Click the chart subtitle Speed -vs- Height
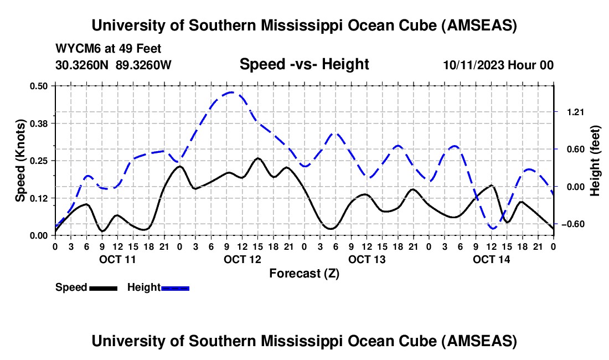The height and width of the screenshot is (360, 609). coord(304,64)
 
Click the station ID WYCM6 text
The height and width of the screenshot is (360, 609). coord(74,49)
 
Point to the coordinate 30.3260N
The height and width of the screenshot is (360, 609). coord(83,65)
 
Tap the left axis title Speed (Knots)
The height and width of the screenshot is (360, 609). coord(20,160)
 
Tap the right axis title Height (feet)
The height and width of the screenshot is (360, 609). coord(595,160)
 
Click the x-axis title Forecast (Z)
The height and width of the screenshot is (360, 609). coord(304,273)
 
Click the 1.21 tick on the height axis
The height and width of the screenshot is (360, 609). coord(575,112)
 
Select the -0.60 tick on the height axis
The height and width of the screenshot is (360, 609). coord(573,224)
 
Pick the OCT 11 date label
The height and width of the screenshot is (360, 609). coord(117,259)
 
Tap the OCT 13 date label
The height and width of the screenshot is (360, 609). coord(367,259)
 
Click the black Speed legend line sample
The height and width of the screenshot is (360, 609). coord(103,288)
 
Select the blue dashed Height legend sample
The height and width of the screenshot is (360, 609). coord(176,288)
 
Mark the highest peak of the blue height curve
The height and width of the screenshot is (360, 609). coord(231,92)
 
